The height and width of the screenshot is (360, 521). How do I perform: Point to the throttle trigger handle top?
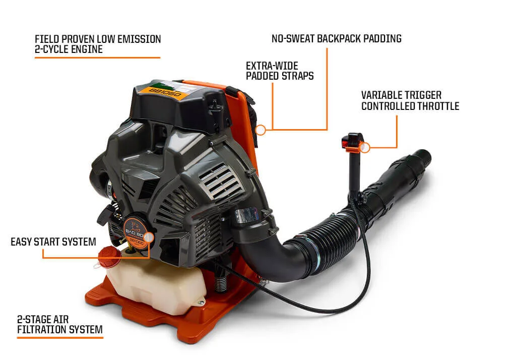[x=353, y=142]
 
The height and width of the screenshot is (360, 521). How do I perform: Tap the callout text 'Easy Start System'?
[x=53, y=242]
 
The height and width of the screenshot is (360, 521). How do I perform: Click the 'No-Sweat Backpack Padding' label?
[x=337, y=38]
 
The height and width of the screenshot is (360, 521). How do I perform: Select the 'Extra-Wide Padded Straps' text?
[x=280, y=71]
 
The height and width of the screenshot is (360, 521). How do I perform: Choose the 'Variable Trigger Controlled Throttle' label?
[x=410, y=101]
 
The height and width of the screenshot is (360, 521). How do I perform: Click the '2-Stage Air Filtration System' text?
[x=60, y=324]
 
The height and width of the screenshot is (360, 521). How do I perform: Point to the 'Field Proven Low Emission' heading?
[x=98, y=39]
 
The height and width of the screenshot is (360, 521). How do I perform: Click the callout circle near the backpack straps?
[x=261, y=130]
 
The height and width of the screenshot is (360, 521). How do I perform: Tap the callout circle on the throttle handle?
[x=365, y=147]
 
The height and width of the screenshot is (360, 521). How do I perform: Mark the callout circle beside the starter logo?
[x=149, y=237]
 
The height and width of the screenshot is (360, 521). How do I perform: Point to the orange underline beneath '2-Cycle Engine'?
[x=97, y=57]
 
